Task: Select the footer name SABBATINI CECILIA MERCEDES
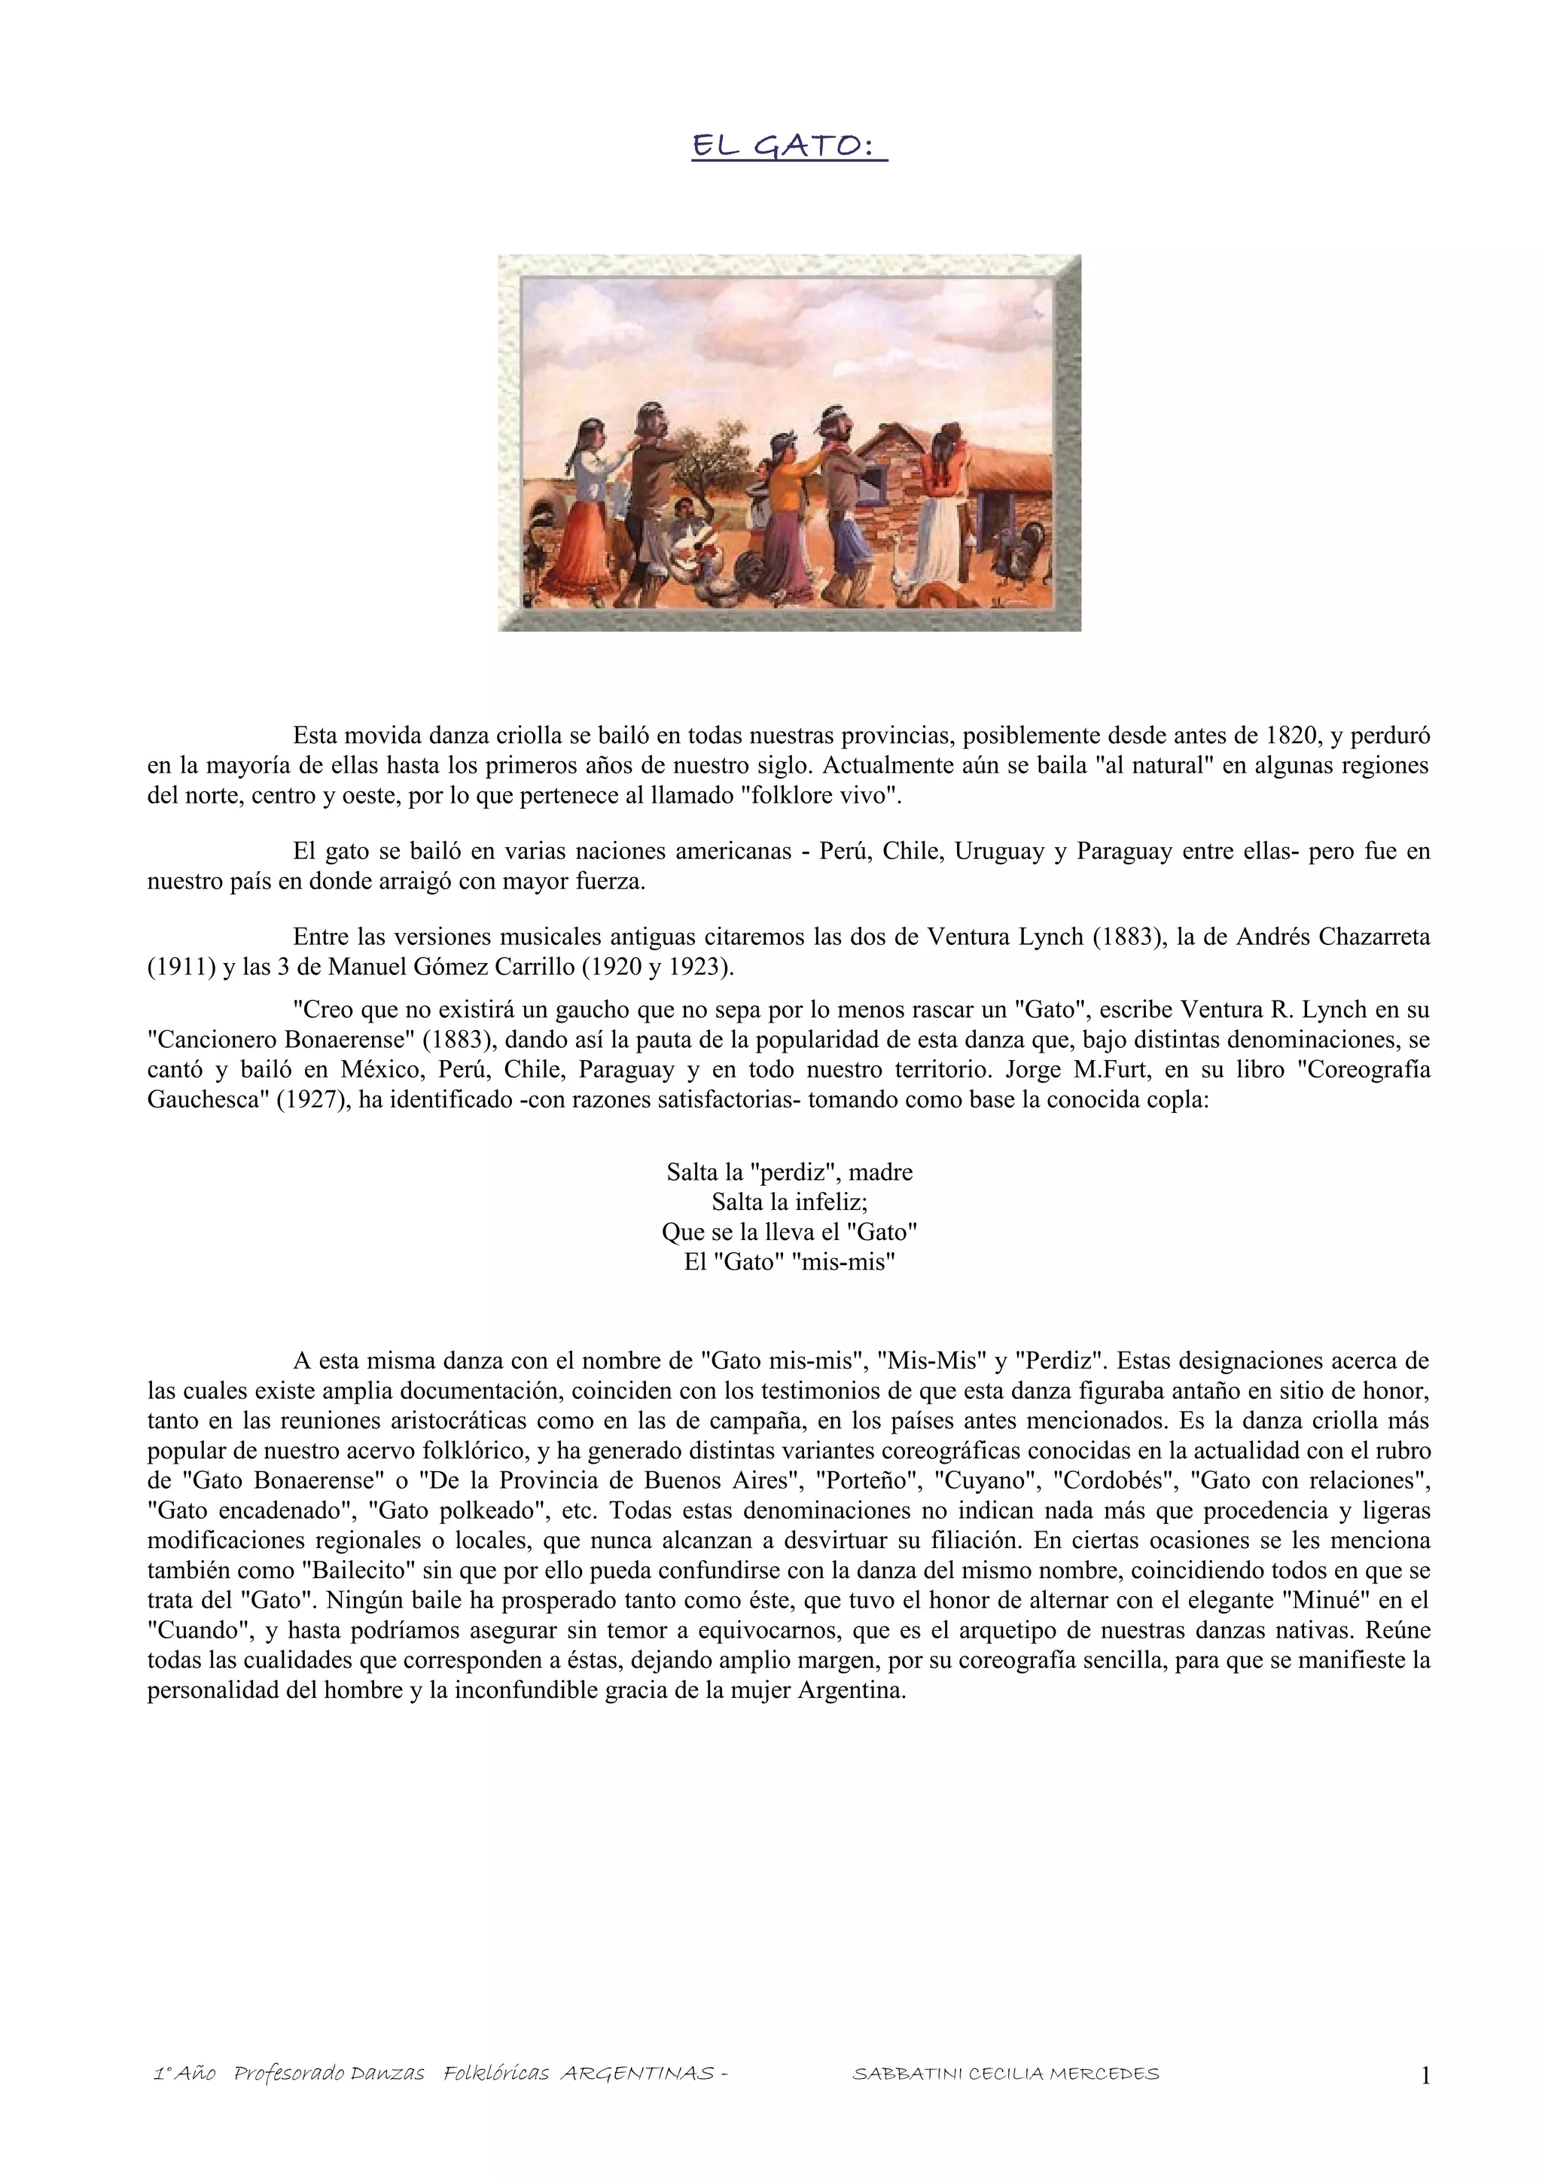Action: point(1005,2074)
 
